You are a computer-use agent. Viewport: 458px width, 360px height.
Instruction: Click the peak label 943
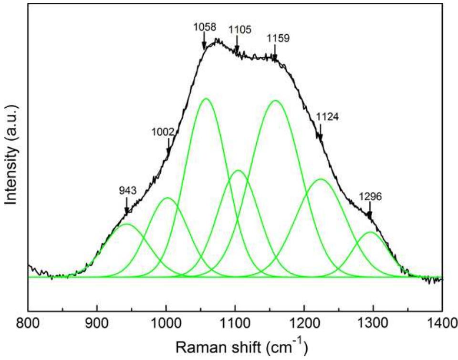tap(128, 191)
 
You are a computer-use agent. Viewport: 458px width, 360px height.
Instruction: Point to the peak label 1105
tap(239, 31)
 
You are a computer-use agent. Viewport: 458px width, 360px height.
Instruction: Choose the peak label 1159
tap(278, 37)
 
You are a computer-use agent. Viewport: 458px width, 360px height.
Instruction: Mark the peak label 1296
tap(370, 196)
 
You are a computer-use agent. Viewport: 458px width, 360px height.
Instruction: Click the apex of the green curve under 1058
tap(206, 99)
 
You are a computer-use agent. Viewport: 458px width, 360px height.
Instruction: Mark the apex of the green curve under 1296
tap(371, 232)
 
